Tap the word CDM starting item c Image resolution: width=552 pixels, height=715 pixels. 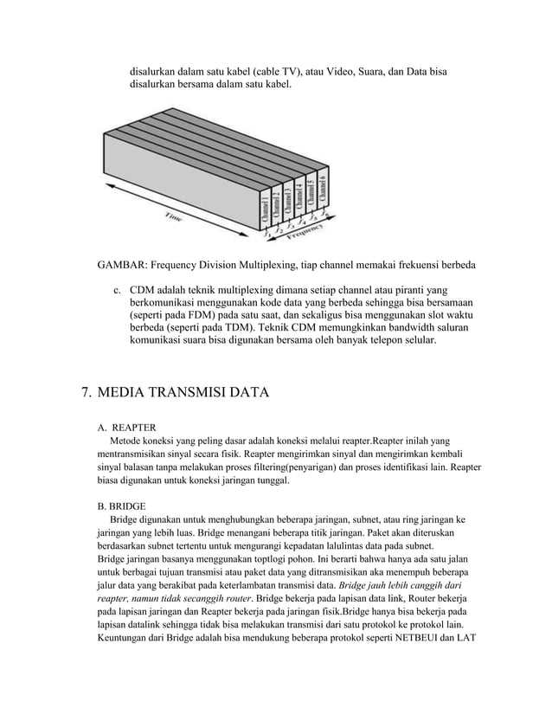coord(144,288)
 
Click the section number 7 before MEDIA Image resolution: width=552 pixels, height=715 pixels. coord(86,394)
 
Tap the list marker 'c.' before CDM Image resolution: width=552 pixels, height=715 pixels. coord(119,288)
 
